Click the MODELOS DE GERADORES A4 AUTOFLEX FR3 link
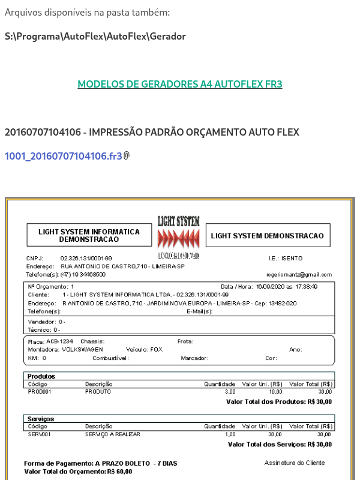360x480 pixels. pyautogui.click(x=180, y=84)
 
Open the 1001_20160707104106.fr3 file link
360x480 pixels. pyautogui.click(x=63, y=156)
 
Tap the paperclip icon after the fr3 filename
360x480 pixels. pyautogui.click(x=127, y=156)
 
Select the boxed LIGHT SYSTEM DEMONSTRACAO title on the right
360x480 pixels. pyautogui.click(x=267, y=236)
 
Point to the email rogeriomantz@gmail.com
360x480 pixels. pyautogui.click(x=299, y=274)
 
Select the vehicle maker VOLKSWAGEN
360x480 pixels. pyautogui.click(x=83, y=349)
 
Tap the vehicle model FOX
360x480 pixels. pyautogui.click(x=156, y=349)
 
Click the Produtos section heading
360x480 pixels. pyautogui.click(x=41, y=376)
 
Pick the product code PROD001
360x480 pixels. pyautogui.click(x=40, y=391)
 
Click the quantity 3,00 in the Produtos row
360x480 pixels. pyautogui.click(x=230, y=391)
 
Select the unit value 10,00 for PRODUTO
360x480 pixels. pyautogui.click(x=275, y=391)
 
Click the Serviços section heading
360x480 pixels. pyautogui.click(x=41, y=419)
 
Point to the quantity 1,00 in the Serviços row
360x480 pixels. pyautogui.click(x=230, y=434)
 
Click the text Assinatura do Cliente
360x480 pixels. pyautogui.click(x=294, y=463)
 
